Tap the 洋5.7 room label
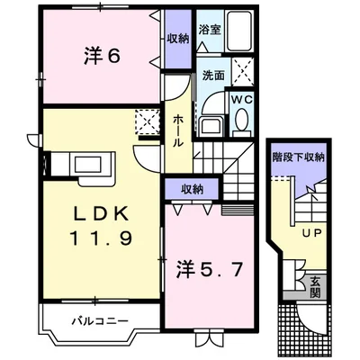(208, 267)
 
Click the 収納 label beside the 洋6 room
(176, 39)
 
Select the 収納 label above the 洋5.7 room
(190, 188)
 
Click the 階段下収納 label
(297, 158)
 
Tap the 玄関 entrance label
(316, 287)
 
